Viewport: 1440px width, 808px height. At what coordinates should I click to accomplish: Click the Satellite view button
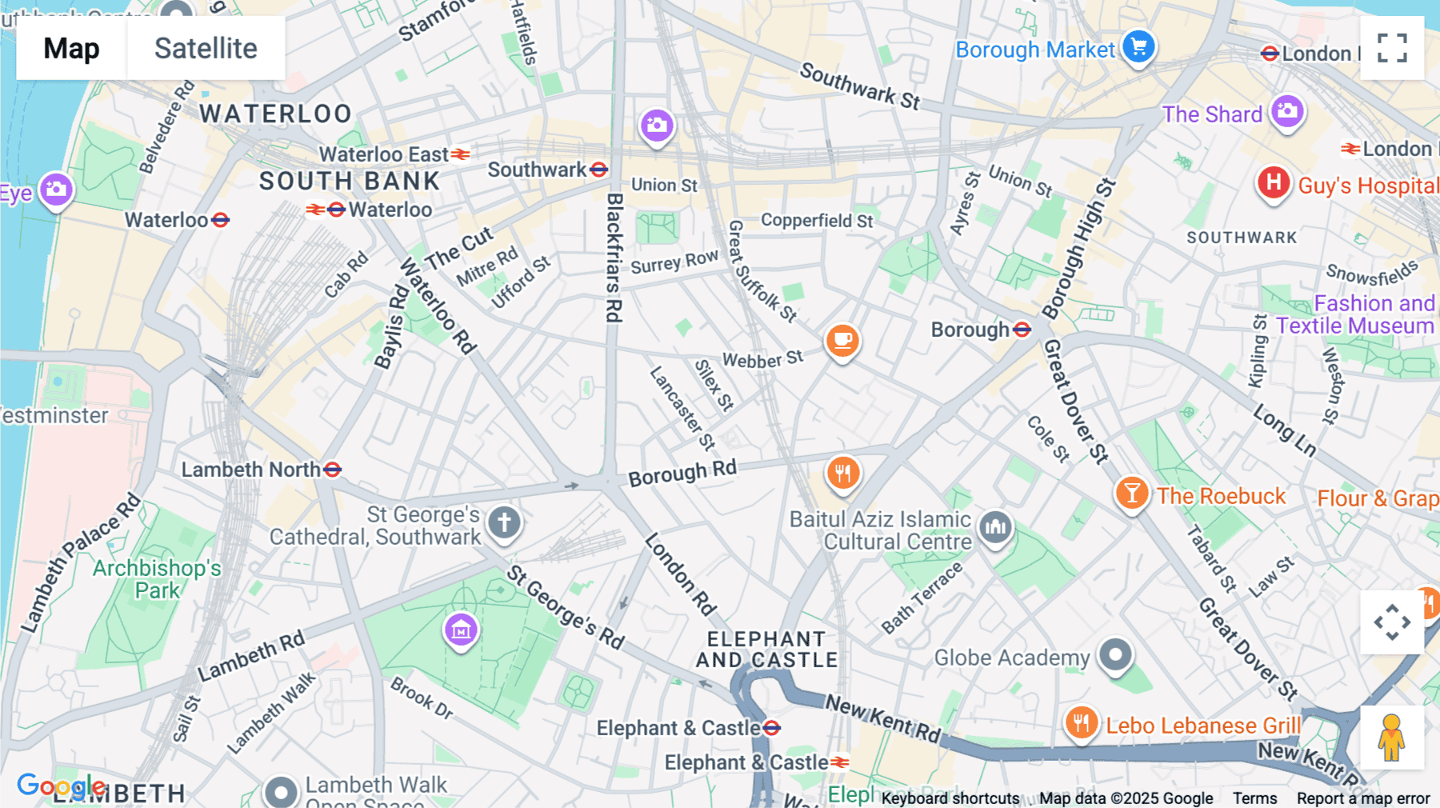[x=206, y=48]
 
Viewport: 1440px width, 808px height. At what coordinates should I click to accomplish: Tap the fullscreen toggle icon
[x=1392, y=48]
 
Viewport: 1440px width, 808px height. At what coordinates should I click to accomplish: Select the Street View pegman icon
[x=1391, y=738]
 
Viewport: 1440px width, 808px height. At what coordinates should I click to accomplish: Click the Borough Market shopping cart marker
[x=1138, y=46]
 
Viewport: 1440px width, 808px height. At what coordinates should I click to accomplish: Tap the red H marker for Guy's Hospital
[x=1273, y=182]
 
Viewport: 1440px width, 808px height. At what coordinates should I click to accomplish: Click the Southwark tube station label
[x=538, y=170]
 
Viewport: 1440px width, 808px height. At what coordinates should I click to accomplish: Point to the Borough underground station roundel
[x=1022, y=330]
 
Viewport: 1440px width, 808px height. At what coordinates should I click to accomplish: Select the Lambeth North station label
[x=251, y=470]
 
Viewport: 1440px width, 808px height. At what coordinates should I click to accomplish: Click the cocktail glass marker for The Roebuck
[x=1131, y=493]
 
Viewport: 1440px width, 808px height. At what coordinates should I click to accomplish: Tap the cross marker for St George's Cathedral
[x=504, y=523]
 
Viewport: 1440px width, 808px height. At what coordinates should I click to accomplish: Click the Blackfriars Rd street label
[x=614, y=258]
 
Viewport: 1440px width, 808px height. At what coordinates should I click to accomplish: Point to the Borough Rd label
[x=682, y=474]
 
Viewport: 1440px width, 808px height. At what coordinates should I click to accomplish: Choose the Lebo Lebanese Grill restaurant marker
[x=1081, y=723]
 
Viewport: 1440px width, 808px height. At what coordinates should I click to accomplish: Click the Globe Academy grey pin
[x=1115, y=654]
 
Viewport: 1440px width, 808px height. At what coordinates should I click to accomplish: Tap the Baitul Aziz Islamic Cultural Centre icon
[x=995, y=526]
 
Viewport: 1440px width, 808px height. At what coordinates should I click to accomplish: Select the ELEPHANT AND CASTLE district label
[x=766, y=650]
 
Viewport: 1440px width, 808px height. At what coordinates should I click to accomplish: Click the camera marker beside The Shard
[x=1287, y=111]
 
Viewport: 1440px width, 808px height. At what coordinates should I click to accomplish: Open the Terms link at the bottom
[x=1254, y=798]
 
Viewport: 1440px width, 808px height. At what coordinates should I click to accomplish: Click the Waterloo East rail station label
[x=385, y=154]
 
